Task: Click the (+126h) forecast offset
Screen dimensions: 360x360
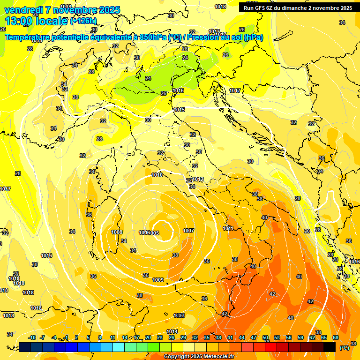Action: (83, 21)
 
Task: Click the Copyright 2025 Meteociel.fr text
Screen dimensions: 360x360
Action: (199, 357)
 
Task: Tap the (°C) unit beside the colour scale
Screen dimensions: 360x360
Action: (345, 348)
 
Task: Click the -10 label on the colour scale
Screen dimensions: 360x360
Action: (32, 337)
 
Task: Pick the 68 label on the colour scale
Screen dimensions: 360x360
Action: (336, 337)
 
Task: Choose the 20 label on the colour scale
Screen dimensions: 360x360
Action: (148, 337)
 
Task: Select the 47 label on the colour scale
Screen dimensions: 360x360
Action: (254, 337)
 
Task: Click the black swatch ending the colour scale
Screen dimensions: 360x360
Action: (330, 347)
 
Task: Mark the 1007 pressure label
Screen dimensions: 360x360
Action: (188, 231)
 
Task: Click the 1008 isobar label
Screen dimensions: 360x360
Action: (117, 232)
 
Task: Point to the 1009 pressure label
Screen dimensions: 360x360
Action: (158, 280)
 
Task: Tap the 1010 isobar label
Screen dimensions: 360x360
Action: (157, 175)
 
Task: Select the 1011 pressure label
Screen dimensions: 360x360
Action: (228, 228)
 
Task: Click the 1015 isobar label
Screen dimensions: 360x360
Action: (179, 110)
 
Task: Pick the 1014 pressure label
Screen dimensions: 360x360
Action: (172, 331)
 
